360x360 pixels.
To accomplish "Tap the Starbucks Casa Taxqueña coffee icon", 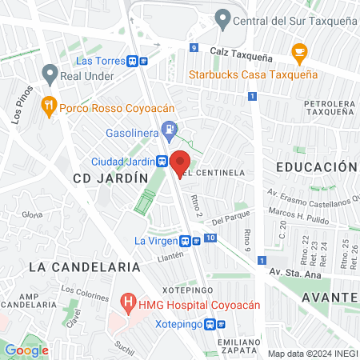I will click(x=300, y=54).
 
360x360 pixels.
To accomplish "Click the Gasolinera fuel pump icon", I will click(x=168, y=129).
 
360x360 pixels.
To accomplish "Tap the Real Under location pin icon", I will click(x=50, y=76).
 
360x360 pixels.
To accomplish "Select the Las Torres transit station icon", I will click(x=142, y=61).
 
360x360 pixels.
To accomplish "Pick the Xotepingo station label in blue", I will click(x=178, y=324).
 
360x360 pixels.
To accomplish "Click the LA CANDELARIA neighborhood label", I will click(x=66, y=265).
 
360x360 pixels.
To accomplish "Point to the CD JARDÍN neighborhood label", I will click(x=110, y=178).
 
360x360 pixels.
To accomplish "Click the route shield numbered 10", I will click(x=210, y=238).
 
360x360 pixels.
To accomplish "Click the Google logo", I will click(x=26, y=350).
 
